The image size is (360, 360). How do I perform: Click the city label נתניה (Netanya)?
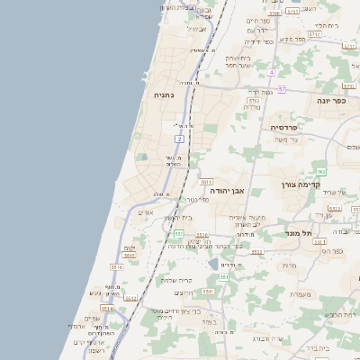pos(163,94)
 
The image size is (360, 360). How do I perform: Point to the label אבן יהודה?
pos(228,191)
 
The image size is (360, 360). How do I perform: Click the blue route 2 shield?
pos(180,139)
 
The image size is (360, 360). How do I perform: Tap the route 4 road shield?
pos(270,71)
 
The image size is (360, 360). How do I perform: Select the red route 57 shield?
pos(281,89)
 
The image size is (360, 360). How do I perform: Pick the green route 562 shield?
pos(320,171)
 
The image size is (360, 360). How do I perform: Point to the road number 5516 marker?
pos(116,267)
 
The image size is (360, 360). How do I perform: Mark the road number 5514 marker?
pos(106,308)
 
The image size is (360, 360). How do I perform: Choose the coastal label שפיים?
pos(91,319)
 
